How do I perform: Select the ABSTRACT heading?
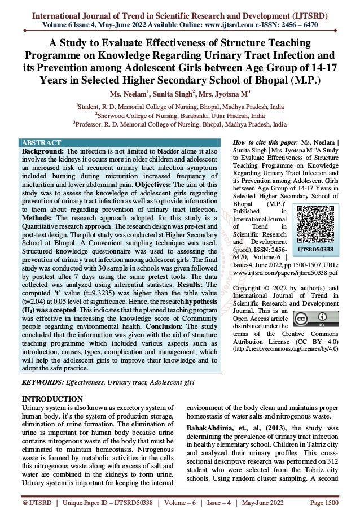click(40, 142)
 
